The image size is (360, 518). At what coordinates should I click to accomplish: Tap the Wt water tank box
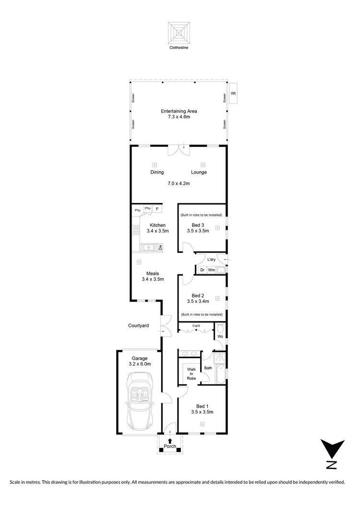[x=233, y=93]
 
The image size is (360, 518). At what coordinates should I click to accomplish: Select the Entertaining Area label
[x=179, y=111]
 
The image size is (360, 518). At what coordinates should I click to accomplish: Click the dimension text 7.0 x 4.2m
[x=179, y=183]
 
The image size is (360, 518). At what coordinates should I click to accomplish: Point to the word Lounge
[x=199, y=172]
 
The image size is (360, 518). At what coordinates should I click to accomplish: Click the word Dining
[x=157, y=172]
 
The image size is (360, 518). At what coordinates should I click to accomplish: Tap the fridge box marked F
[x=157, y=209]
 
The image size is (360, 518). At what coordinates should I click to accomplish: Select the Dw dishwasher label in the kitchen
[x=161, y=247]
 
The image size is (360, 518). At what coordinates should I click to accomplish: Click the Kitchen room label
[x=157, y=225]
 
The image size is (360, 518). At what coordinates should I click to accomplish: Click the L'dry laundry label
[x=211, y=260]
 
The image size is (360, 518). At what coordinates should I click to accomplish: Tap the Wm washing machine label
[x=211, y=270]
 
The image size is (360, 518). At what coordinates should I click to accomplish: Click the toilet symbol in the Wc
[x=220, y=329]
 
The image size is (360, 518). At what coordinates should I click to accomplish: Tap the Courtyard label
[x=138, y=326]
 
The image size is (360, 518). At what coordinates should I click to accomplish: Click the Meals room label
[x=153, y=273]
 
